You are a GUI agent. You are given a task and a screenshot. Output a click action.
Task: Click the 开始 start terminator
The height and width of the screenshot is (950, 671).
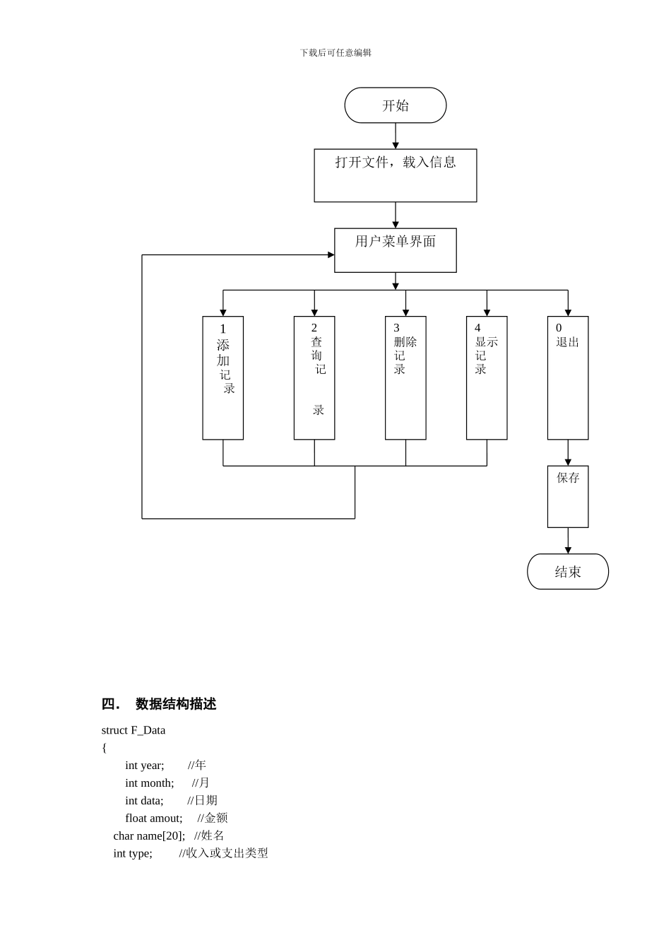point(395,105)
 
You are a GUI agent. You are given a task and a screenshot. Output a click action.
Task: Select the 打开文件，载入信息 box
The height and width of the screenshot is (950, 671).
point(395,175)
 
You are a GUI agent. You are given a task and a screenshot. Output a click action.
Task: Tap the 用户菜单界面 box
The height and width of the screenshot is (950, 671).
point(395,250)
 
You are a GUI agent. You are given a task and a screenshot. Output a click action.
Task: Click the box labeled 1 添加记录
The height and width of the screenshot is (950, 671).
point(222,377)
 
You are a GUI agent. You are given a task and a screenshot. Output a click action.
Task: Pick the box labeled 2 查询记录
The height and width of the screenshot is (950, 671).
point(314,377)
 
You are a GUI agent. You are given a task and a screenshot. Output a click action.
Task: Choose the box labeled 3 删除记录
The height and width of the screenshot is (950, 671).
point(405,377)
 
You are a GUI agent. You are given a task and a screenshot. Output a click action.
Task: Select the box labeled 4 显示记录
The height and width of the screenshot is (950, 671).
point(487,377)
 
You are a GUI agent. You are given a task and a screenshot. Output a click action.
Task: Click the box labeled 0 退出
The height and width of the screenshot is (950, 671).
point(567,377)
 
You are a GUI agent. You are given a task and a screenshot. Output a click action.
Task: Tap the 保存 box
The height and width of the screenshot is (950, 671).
point(567,496)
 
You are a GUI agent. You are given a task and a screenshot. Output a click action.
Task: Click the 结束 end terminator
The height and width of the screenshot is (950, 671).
point(567,571)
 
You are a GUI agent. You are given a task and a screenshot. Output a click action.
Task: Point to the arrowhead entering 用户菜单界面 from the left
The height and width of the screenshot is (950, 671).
point(331,254)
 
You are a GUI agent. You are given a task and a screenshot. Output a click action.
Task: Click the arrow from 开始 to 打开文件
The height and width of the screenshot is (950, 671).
point(396,136)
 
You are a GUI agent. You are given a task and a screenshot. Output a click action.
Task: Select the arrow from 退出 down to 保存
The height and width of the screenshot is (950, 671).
point(568,452)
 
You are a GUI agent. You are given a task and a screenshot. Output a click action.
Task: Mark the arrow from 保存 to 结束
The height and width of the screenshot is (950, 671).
point(568,541)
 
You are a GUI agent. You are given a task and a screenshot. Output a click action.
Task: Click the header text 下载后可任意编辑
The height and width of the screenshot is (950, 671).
point(335,53)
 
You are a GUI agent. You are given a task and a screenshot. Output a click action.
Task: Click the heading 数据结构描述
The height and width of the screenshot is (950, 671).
point(175,704)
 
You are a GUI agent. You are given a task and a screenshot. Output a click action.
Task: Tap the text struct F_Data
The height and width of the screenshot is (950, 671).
point(133,730)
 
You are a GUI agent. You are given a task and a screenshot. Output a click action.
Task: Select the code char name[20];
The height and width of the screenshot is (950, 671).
point(149,835)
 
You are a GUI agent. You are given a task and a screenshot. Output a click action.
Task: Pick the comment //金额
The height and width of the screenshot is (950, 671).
point(213,818)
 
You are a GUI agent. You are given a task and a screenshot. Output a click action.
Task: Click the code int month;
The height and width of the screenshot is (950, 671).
point(149,783)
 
